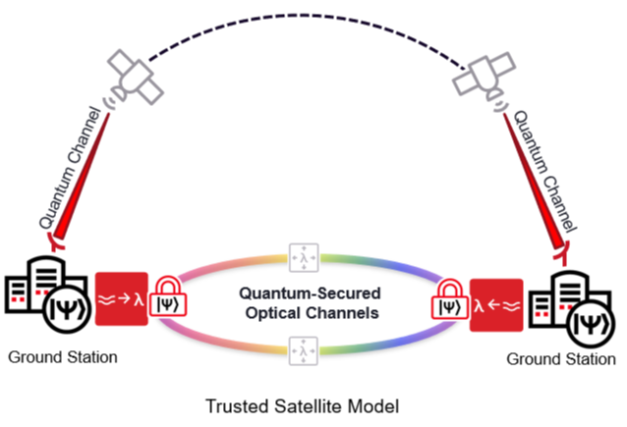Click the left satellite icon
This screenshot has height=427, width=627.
135,73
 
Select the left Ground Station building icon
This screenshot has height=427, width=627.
37,294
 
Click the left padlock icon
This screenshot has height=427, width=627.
169,299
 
